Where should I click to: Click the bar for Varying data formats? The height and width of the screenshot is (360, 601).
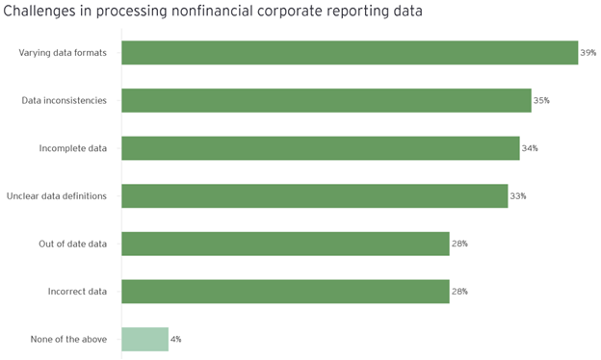click(x=350, y=53)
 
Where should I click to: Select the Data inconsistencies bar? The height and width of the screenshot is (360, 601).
click(x=327, y=100)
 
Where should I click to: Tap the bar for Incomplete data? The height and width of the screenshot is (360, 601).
click(x=321, y=148)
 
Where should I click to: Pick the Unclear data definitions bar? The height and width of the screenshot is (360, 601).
click(x=315, y=195)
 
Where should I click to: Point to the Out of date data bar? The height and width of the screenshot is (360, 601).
click(x=285, y=244)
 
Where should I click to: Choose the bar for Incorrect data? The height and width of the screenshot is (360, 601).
click(x=285, y=291)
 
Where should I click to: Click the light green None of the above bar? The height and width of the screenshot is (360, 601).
click(x=145, y=339)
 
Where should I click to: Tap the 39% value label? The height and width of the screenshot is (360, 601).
click(x=588, y=53)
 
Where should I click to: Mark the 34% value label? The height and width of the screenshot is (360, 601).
click(x=530, y=148)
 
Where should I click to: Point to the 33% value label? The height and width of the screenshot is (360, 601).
click(x=518, y=195)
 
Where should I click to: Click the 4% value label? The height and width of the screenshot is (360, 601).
click(x=176, y=339)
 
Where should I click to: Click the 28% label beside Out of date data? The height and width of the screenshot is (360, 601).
click(x=459, y=244)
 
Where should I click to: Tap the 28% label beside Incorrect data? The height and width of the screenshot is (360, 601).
click(x=459, y=291)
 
